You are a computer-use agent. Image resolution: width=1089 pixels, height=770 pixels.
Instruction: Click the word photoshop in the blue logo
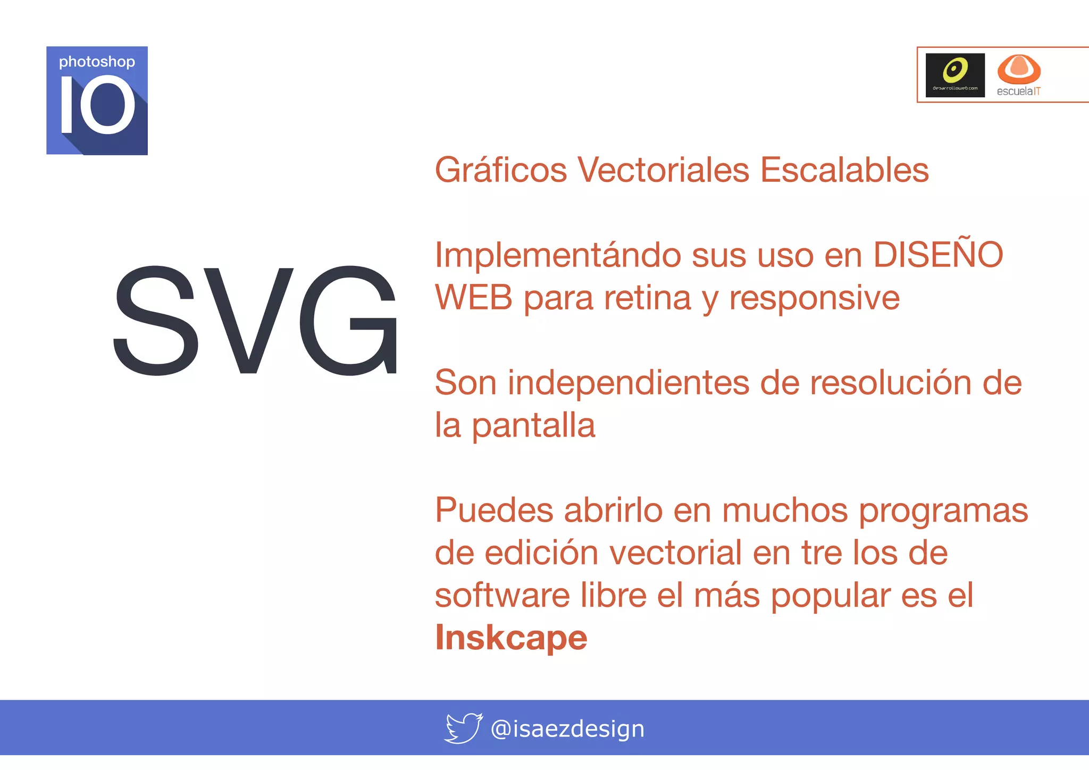click(x=97, y=62)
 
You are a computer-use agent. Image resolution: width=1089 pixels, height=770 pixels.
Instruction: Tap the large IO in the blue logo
click(x=97, y=105)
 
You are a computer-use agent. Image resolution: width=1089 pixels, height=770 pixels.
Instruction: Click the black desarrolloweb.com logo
click(x=955, y=75)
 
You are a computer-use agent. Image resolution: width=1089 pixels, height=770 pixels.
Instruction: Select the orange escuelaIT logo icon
click(x=1018, y=69)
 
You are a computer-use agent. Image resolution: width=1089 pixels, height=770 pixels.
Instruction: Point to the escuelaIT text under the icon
click(x=1018, y=91)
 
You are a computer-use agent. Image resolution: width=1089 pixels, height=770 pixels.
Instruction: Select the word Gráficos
click(x=501, y=170)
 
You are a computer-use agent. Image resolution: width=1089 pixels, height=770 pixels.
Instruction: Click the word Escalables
click(x=844, y=170)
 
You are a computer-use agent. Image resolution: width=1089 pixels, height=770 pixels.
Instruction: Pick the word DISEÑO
click(x=938, y=254)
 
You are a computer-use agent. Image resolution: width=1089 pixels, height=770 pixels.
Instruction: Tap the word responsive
click(x=814, y=298)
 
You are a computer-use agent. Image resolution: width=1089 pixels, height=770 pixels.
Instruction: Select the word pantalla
click(x=533, y=425)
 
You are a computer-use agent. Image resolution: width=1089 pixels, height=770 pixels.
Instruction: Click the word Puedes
click(x=494, y=510)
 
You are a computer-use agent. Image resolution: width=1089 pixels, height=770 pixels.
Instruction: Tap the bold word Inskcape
click(x=511, y=638)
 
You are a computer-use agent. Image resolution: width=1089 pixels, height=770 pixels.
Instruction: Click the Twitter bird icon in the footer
click(x=463, y=728)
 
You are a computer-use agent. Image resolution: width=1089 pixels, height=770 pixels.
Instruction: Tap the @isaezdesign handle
click(x=567, y=729)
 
